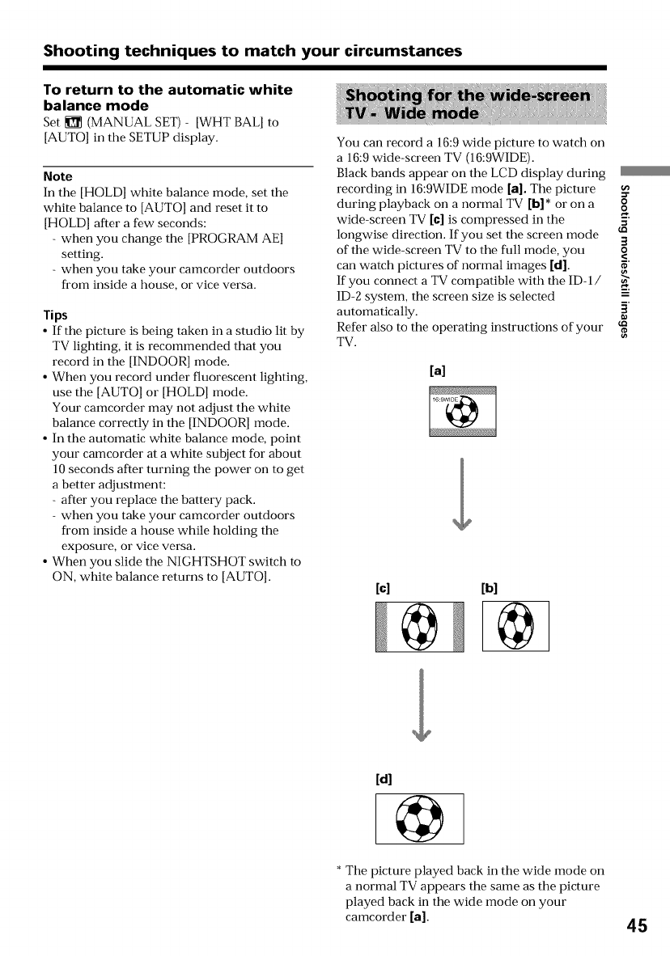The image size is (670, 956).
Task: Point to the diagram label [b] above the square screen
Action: (490, 586)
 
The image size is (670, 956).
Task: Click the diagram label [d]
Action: (384, 780)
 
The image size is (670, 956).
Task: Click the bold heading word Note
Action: (58, 176)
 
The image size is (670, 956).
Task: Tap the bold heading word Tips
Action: (55, 315)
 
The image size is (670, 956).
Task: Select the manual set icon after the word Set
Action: (71, 122)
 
